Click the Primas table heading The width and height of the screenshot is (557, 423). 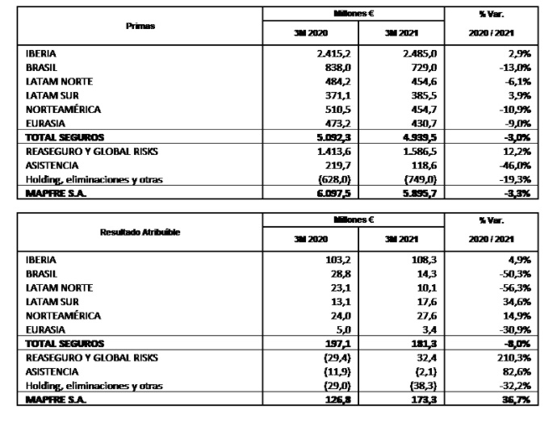(140, 26)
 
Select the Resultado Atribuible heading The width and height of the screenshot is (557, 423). (140, 232)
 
